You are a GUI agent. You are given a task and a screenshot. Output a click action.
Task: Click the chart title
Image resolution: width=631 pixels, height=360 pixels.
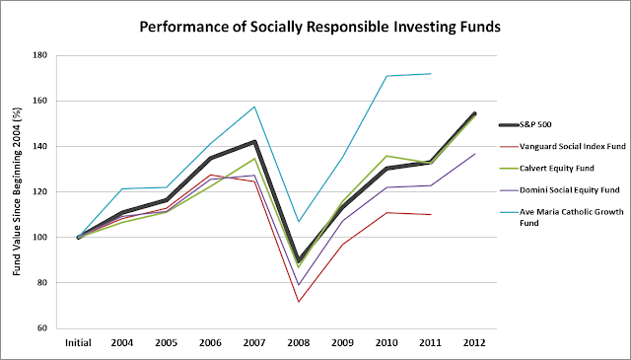(x=319, y=27)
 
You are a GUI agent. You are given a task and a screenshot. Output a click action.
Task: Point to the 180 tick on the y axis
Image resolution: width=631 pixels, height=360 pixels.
(x=39, y=55)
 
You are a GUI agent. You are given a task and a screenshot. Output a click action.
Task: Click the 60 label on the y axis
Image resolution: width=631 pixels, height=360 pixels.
(x=42, y=328)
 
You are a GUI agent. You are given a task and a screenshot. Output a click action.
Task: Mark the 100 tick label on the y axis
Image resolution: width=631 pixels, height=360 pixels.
(x=39, y=237)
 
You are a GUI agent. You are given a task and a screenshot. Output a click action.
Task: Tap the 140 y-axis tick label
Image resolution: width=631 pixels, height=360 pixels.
(x=39, y=146)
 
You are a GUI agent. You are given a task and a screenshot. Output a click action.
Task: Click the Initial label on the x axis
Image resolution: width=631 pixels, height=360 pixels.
(x=78, y=343)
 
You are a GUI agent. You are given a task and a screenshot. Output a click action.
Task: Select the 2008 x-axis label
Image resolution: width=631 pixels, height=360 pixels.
(x=299, y=343)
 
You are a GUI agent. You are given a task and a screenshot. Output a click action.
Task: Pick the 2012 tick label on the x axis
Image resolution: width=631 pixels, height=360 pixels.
(x=475, y=343)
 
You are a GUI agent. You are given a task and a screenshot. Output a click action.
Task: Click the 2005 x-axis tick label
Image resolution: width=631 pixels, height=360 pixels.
(x=167, y=343)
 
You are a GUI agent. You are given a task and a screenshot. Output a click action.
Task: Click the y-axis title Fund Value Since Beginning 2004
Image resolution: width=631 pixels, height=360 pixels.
(x=17, y=191)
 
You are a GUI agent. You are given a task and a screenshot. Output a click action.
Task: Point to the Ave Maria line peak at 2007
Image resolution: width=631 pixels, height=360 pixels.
(x=254, y=107)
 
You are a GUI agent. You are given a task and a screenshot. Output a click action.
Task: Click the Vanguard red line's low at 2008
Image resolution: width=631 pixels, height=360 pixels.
(x=299, y=302)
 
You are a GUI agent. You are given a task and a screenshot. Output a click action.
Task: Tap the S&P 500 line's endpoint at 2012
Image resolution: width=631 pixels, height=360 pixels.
(x=475, y=113)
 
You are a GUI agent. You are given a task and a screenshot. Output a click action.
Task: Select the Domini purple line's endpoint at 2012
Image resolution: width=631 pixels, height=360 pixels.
(x=475, y=154)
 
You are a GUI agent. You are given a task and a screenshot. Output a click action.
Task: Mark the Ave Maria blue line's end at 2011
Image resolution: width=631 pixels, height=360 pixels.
(x=431, y=73)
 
